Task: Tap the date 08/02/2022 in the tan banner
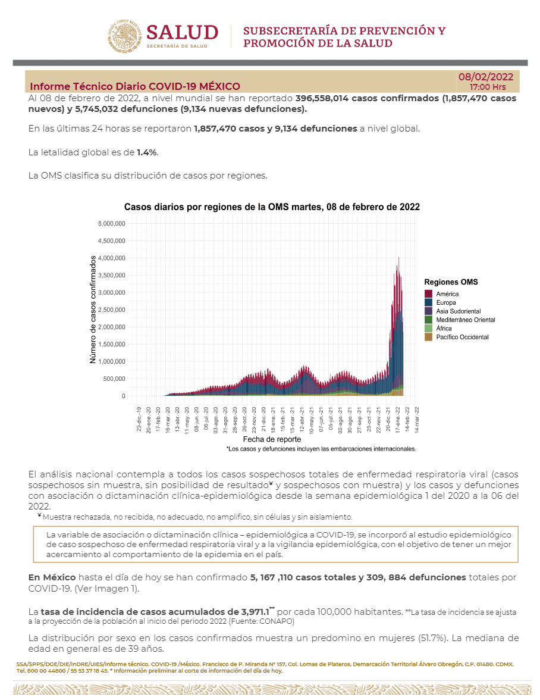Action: click(x=486, y=77)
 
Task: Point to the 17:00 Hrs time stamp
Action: click(x=488, y=87)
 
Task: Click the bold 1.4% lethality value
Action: click(x=147, y=152)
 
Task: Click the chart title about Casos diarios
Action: click(x=272, y=207)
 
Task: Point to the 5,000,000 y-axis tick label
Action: click(x=111, y=224)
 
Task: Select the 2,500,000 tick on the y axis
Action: click(x=111, y=310)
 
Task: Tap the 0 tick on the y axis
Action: click(x=123, y=396)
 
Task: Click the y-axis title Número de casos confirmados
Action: click(x=93, y=310)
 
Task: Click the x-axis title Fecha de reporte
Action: click(x=272, y=439)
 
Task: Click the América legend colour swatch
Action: click(x=428, y=294)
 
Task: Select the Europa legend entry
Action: click(x=445, y=303)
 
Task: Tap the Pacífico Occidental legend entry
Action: click(x=462, y=337)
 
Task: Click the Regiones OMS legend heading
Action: click(x=451, y=282)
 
